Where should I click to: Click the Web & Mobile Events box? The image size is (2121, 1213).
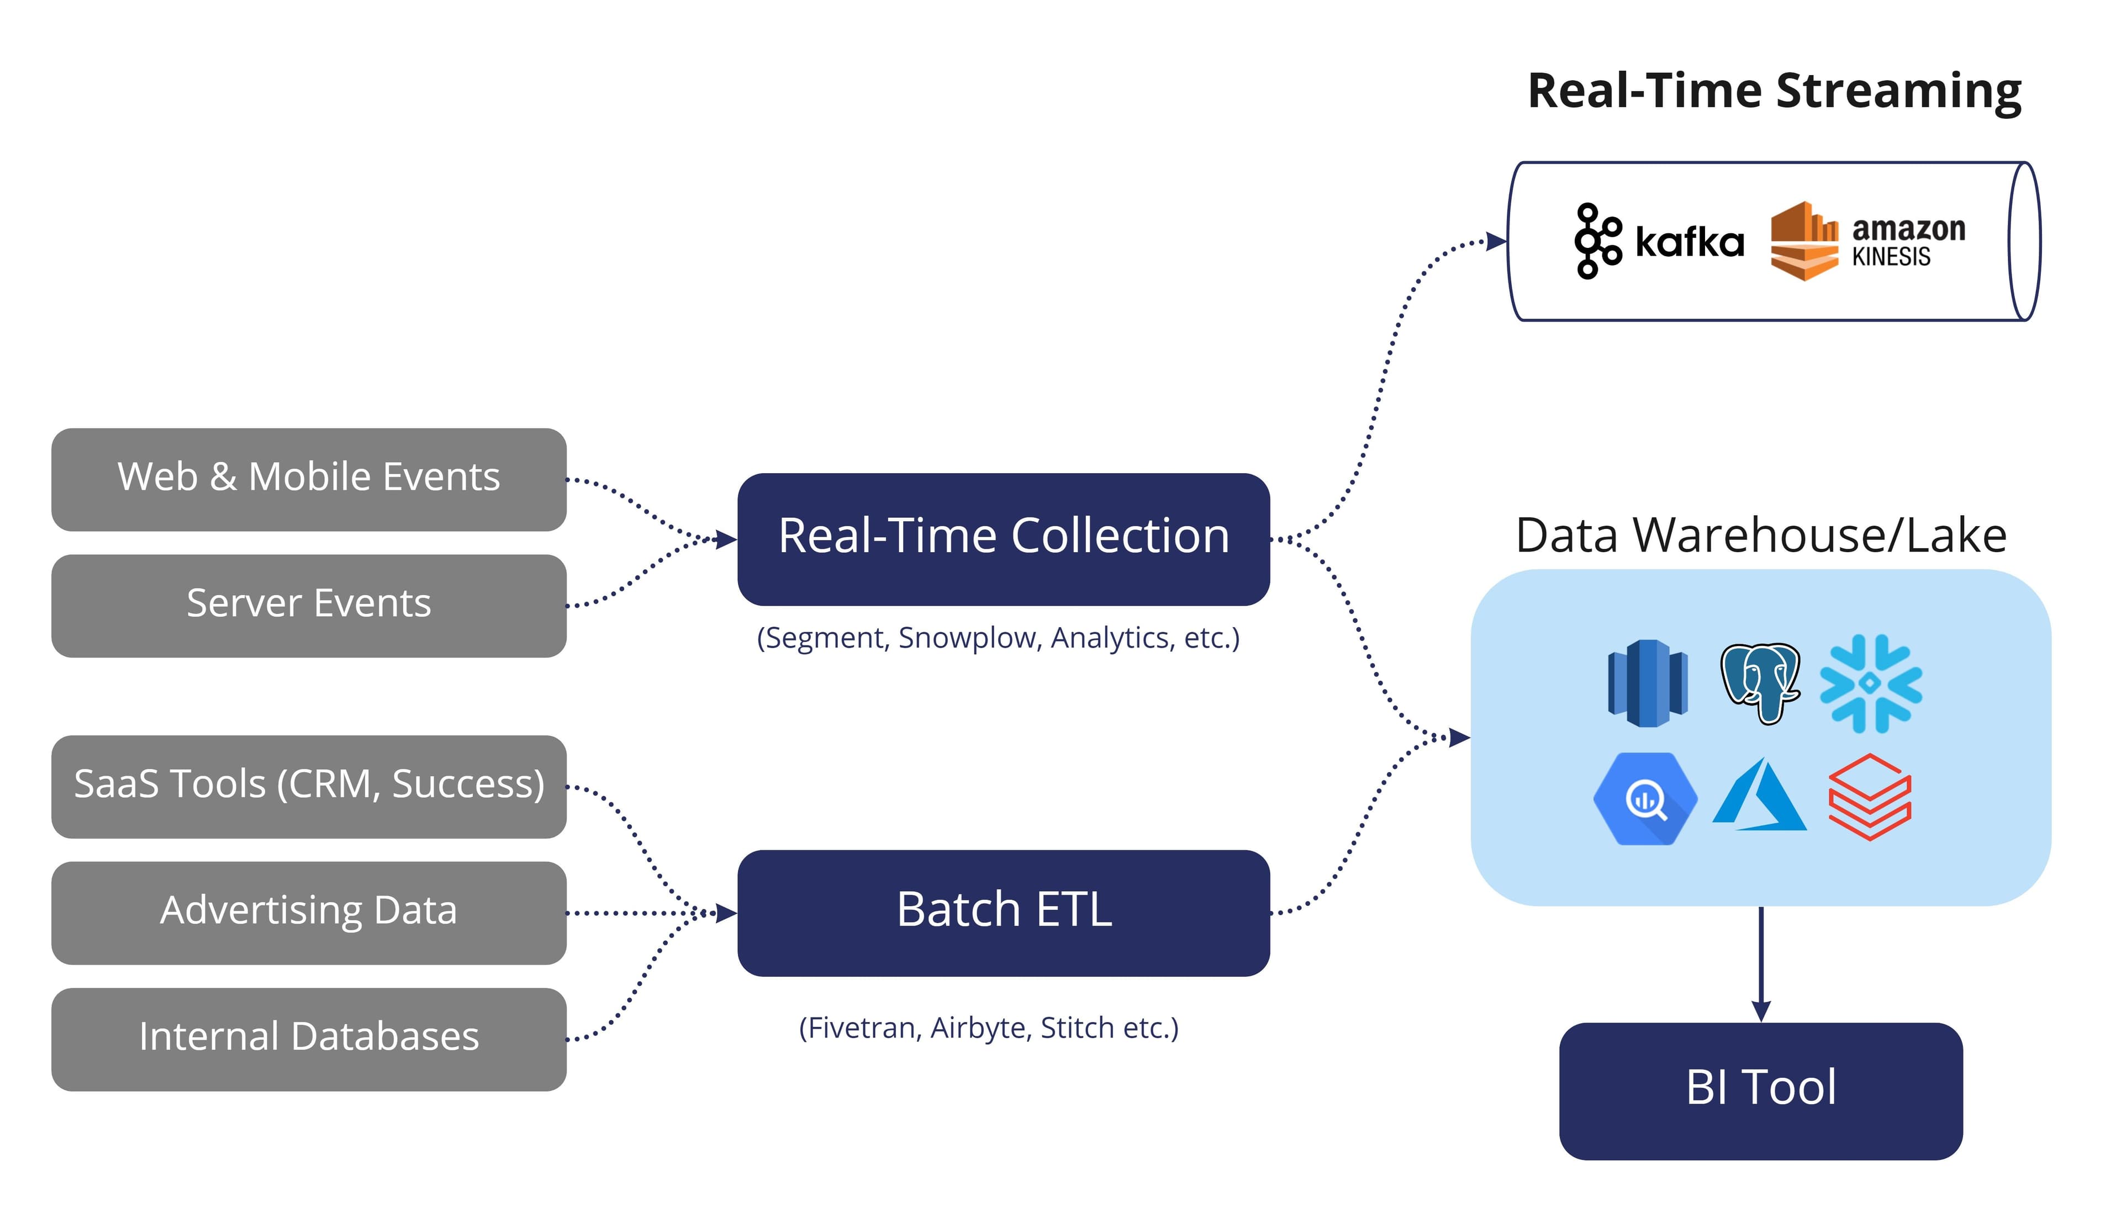tap(308, 480)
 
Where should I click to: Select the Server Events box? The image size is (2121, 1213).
tap(308, 606)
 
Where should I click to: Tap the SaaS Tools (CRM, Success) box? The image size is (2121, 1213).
tap(308, 786)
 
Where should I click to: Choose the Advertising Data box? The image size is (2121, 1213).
tap(308, 913)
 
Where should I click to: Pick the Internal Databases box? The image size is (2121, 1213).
tap(308, 1039)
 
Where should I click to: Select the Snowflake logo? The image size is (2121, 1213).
tap(1870, 683)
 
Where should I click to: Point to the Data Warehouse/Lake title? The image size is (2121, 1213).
tap(1760, 535)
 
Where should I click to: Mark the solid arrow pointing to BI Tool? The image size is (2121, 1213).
tap(1760, 966)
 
